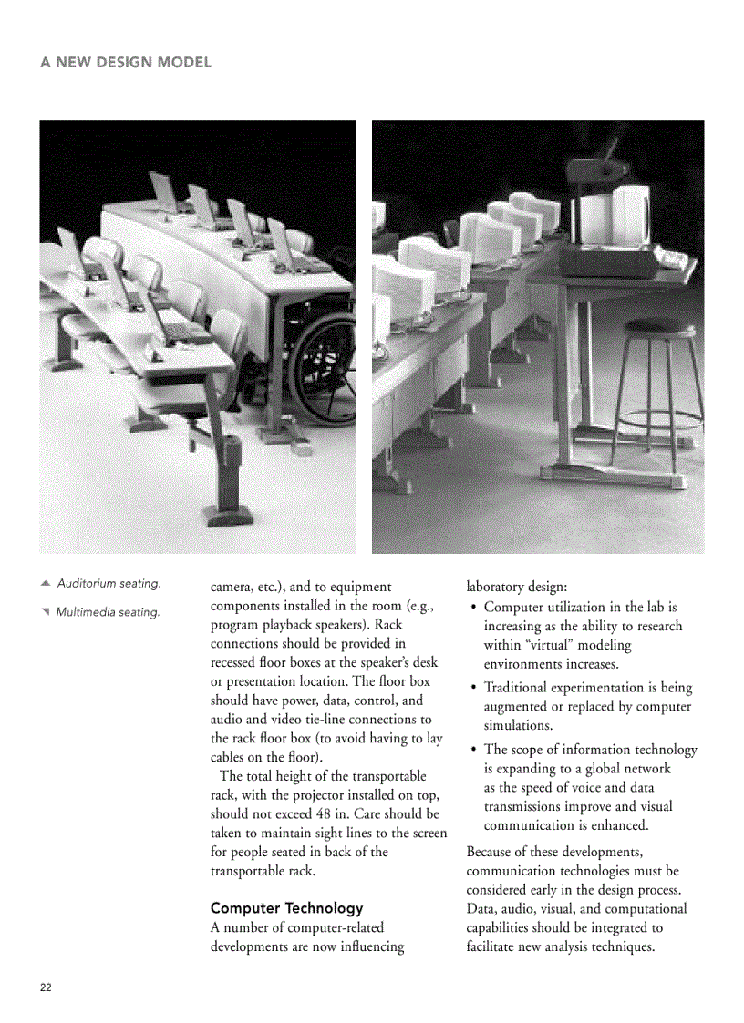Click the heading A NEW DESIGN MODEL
click(126, 63)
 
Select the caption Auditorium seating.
click(108, 583)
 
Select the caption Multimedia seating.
click(108, 612)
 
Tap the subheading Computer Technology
click(286, 908)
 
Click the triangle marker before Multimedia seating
click(45, 611)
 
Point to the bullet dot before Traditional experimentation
click(473, 688)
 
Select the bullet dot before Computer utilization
click(473, 607)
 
